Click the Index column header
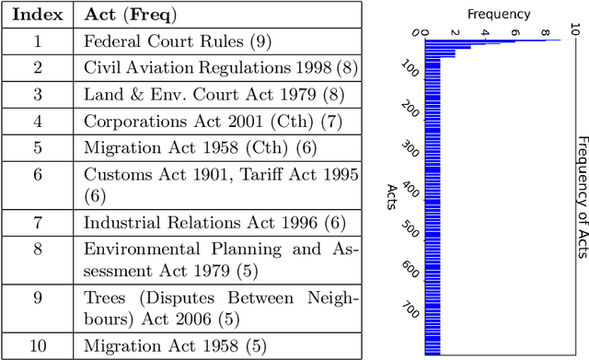pos(38,16)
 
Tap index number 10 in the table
pos(38,346)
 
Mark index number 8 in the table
pos(38,260)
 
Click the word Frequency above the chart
pos(499,14)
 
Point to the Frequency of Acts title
pos(582,190)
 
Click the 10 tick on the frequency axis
pos(574,31)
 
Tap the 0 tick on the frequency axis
pos(424,33)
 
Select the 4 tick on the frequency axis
pos(484,33)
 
